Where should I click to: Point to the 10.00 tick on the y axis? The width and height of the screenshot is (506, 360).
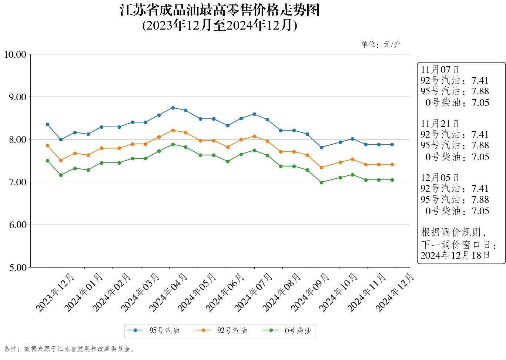click(x=15, y=54)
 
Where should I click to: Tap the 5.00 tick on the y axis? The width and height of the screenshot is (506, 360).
click(x=17, y=267)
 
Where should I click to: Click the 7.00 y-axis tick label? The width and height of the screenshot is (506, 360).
click(x=17, y=182)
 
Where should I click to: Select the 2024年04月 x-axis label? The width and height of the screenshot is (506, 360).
click(x=169, y=292)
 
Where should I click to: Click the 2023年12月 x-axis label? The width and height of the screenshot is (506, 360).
click(x=56, y=292)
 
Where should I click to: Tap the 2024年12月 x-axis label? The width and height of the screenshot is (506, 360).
click(x=395, y=292)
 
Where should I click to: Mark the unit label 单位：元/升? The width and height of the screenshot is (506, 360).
click(x=381, y=45)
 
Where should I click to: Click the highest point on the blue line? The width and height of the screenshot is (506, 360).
click(x=173, y=108)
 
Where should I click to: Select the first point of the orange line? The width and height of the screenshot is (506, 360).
click(x=47, y=145)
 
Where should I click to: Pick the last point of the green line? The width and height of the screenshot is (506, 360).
click(x=392, y=180)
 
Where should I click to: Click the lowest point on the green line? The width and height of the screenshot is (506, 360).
click(x=321, y=182)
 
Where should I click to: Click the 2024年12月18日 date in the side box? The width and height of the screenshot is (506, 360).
click(x=455, y=255)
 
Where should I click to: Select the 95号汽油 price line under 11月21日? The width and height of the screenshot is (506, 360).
click(x=455, y=145)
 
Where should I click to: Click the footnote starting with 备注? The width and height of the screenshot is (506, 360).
click(x=69, y=349)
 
